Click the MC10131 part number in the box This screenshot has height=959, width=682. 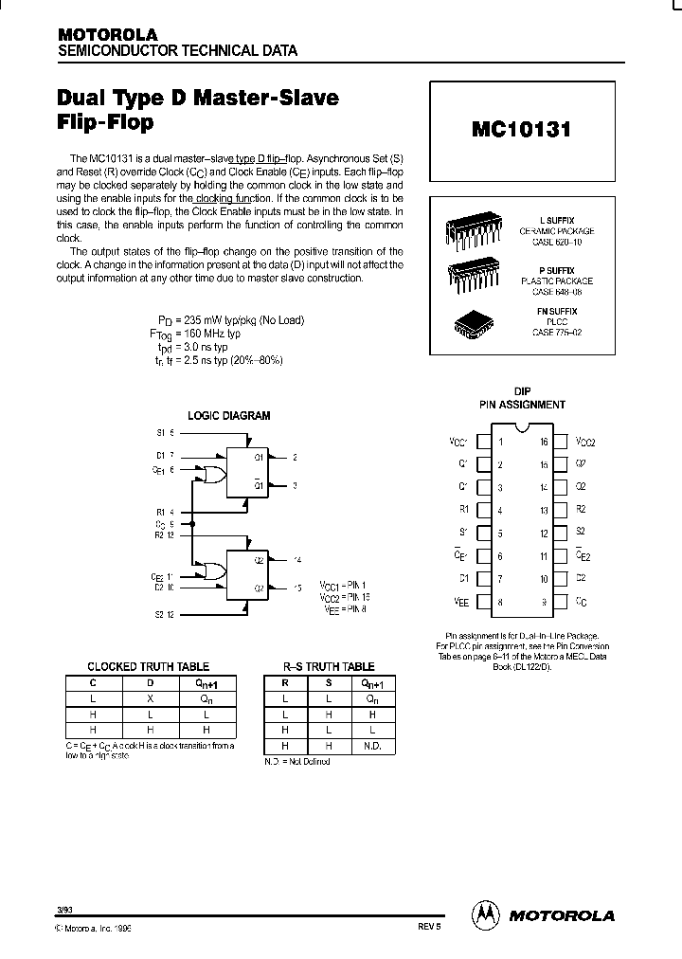click(521, 130)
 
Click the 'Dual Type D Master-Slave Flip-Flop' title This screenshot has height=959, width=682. click(198, 109)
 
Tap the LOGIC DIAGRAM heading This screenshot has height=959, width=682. click(228, 415)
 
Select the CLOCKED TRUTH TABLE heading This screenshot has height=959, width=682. click(148, 667)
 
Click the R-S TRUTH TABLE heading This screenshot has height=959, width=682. click(329, 667)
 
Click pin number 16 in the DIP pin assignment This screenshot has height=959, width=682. click(543, 442)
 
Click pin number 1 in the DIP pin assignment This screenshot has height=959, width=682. click(501, 442)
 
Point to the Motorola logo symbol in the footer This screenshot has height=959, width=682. click(484, 914)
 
